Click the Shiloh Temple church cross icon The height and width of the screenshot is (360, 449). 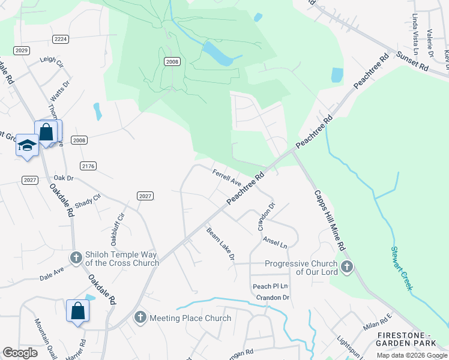(76, 258)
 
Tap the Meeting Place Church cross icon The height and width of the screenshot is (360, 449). (140, 317)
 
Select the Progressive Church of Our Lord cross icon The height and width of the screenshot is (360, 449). (346, 267)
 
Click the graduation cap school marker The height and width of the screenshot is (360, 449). (27, 145)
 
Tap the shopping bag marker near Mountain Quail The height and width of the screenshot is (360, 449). (78, 311)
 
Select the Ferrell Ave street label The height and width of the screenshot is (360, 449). (227, 177)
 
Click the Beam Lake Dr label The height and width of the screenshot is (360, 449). (220, 244)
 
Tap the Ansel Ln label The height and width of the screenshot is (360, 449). (276, 242)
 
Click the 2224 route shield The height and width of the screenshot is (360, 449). (61, 39)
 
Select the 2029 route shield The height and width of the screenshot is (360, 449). (22, 50)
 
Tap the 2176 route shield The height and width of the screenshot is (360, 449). (88, 166)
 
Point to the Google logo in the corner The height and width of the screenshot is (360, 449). (20, 353)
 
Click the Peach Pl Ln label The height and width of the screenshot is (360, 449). (270, 286)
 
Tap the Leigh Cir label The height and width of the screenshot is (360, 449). (51, 61)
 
